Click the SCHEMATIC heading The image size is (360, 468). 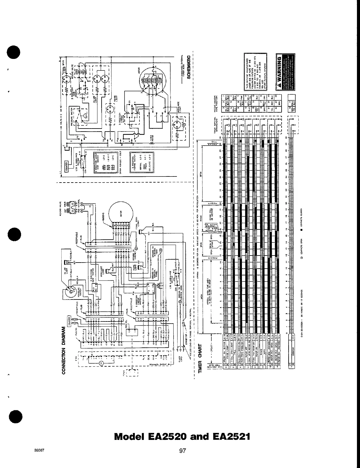[x=189, y=67]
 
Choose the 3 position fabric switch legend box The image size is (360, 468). [x=137, y=161]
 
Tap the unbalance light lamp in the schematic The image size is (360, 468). [x=176, y=125]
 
